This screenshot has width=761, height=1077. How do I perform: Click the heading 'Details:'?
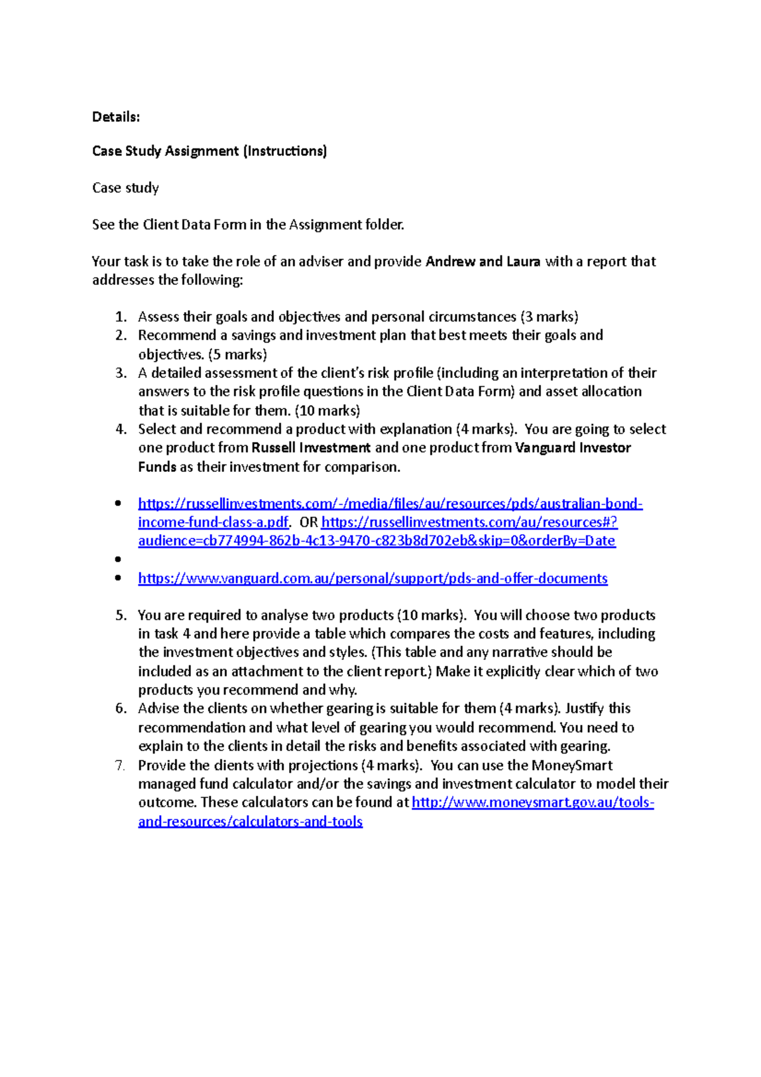click(x=116, y=117)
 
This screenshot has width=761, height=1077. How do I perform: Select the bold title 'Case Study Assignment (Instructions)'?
click(x=209, y=151)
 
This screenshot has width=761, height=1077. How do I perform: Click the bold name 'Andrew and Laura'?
click(x=483, y=261)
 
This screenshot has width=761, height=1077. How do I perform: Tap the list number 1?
click(x=121, y=317)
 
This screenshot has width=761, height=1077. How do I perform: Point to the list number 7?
click(x=120, y=765)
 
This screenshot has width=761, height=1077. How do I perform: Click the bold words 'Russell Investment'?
click(x=311, y=448)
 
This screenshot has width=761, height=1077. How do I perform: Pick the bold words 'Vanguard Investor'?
click(x=573, y=448)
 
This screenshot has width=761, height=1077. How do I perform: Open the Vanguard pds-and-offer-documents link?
click(x=373, y=578)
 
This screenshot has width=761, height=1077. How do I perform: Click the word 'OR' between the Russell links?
click(x=308, y=522)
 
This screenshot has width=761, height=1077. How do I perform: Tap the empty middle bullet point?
click(x=118, y=559)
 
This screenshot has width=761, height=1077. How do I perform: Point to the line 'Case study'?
click(x=126, y=188)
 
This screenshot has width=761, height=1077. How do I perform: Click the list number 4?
click(x=121, y=429)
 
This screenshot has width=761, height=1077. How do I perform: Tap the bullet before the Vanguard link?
click(x=118, y=578)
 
